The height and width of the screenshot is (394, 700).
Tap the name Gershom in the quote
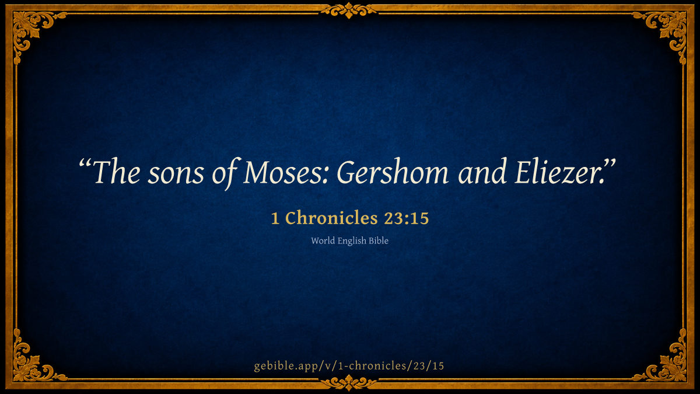click(x=392, y=172)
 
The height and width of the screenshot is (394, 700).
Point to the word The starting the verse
click(x=117, y=172)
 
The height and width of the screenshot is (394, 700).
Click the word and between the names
click(x=482, y=172)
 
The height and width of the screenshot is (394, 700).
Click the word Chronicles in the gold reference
click(x=331, y=218)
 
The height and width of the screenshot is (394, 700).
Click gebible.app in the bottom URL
click(x=287, y=366)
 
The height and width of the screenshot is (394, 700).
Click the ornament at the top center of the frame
click(x=349, y=11)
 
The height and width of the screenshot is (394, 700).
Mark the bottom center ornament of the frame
click(x=349, y=383)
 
